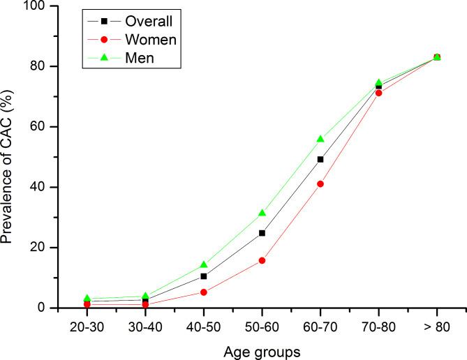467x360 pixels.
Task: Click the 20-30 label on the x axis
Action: (x=87, y=326)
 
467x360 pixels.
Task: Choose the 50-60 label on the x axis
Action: (x=262, y=326)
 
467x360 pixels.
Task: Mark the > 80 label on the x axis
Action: (x=437, y=326)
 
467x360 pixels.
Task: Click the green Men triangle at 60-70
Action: (x=320, y=139)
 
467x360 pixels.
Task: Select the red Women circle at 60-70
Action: (x=320, y=184)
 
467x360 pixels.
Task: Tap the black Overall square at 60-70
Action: (x=320, y=159)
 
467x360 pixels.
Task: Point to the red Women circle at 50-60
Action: (x=262, y=260)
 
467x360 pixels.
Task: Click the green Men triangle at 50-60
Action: (x=262, y=213)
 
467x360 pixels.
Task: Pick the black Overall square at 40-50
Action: (x=203, y=276)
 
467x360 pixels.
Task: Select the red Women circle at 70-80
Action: (x=378, y=93)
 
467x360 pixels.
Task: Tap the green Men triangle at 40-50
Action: (x=203, y=264)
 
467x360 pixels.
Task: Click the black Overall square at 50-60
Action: (x=262, y=233)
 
